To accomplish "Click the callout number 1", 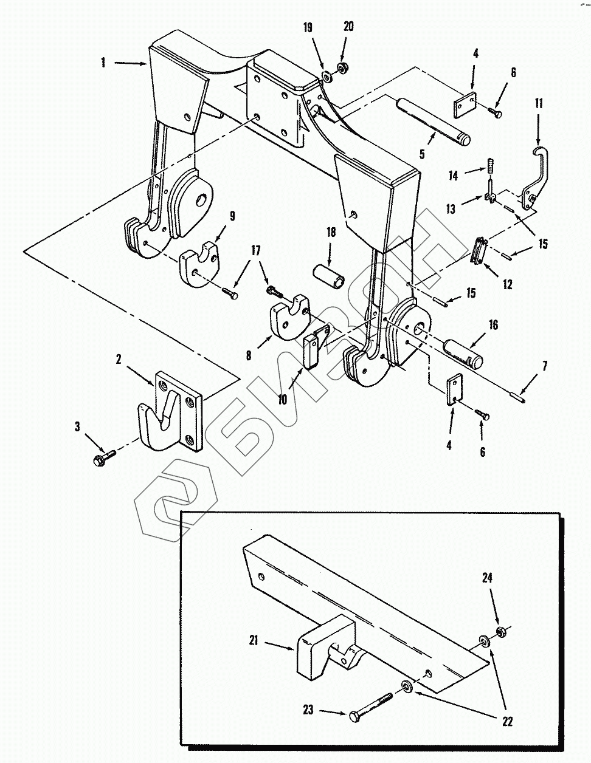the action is tap(103, 63).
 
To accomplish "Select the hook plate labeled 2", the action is tap(170, 410).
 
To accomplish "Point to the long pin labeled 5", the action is tap(433, 120).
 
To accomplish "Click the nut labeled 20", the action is tap(340, 67).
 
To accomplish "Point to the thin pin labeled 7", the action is tap(516, 398).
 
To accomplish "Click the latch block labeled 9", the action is tap(199, 264).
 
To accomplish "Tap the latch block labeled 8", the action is tap(290, 317).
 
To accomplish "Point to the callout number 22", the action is tap(507, 722).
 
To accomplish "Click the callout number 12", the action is tap(507, 284).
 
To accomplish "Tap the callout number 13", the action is tap(451, 209).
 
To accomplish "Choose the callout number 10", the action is tap(282, 400).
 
